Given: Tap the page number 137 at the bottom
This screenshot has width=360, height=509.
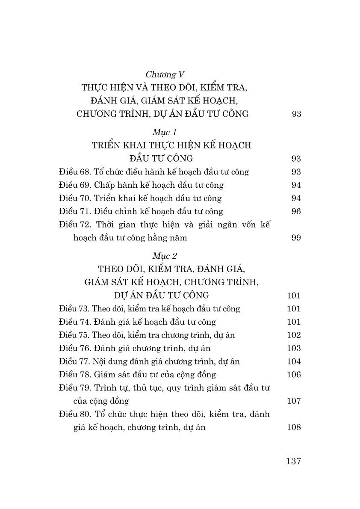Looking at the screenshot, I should pos(293,461).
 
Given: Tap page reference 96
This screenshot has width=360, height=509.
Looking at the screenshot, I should pos(296,211).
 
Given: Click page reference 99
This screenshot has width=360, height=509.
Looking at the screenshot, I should pos(296,238).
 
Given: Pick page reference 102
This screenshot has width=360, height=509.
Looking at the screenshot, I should pos(294,335).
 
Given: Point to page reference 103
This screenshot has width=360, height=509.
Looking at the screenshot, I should pos(294,348).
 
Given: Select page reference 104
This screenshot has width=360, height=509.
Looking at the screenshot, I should pos(294,361).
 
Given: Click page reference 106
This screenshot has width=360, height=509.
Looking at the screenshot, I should pos(294,375).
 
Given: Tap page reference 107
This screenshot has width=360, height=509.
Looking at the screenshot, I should pos(294,401).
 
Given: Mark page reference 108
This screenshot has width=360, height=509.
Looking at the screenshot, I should pos(294,427).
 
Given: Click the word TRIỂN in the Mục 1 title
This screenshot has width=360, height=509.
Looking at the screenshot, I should pos(106,145).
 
